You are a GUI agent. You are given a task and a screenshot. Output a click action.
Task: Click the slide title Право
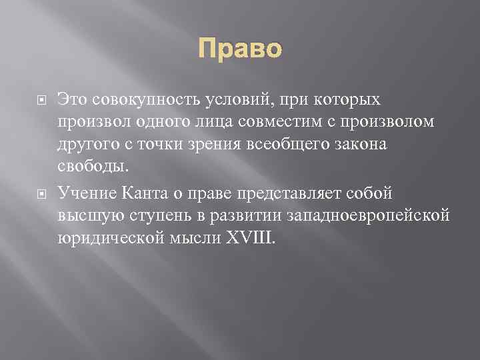point(241,49)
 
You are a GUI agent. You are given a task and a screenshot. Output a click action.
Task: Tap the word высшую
point(86,216)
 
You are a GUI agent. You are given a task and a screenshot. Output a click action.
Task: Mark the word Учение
point(87,193)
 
